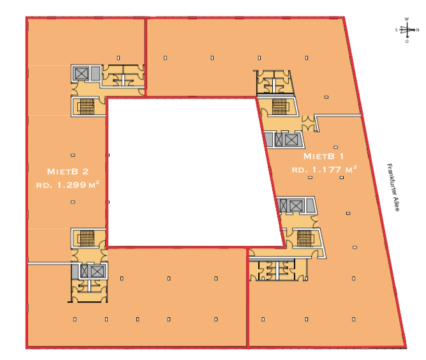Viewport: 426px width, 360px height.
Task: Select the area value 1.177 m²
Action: point(323,169)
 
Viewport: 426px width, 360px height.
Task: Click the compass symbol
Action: point(407,30)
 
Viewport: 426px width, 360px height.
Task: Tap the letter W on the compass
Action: point(407,19)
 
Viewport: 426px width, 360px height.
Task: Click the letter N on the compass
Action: point(417,30)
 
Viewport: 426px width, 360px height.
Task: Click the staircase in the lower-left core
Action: point(87,239)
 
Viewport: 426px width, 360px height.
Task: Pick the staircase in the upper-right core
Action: point(279,105)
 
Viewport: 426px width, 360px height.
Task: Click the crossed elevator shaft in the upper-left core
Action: point(81,73)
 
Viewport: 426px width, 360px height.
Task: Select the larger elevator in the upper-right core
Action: point(291,139)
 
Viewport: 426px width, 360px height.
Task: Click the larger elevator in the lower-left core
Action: point(96,271)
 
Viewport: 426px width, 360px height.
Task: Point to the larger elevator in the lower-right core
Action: point(295,206)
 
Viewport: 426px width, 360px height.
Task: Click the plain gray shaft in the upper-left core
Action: point(94,73)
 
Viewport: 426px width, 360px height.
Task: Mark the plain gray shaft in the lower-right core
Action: point(309,206)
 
